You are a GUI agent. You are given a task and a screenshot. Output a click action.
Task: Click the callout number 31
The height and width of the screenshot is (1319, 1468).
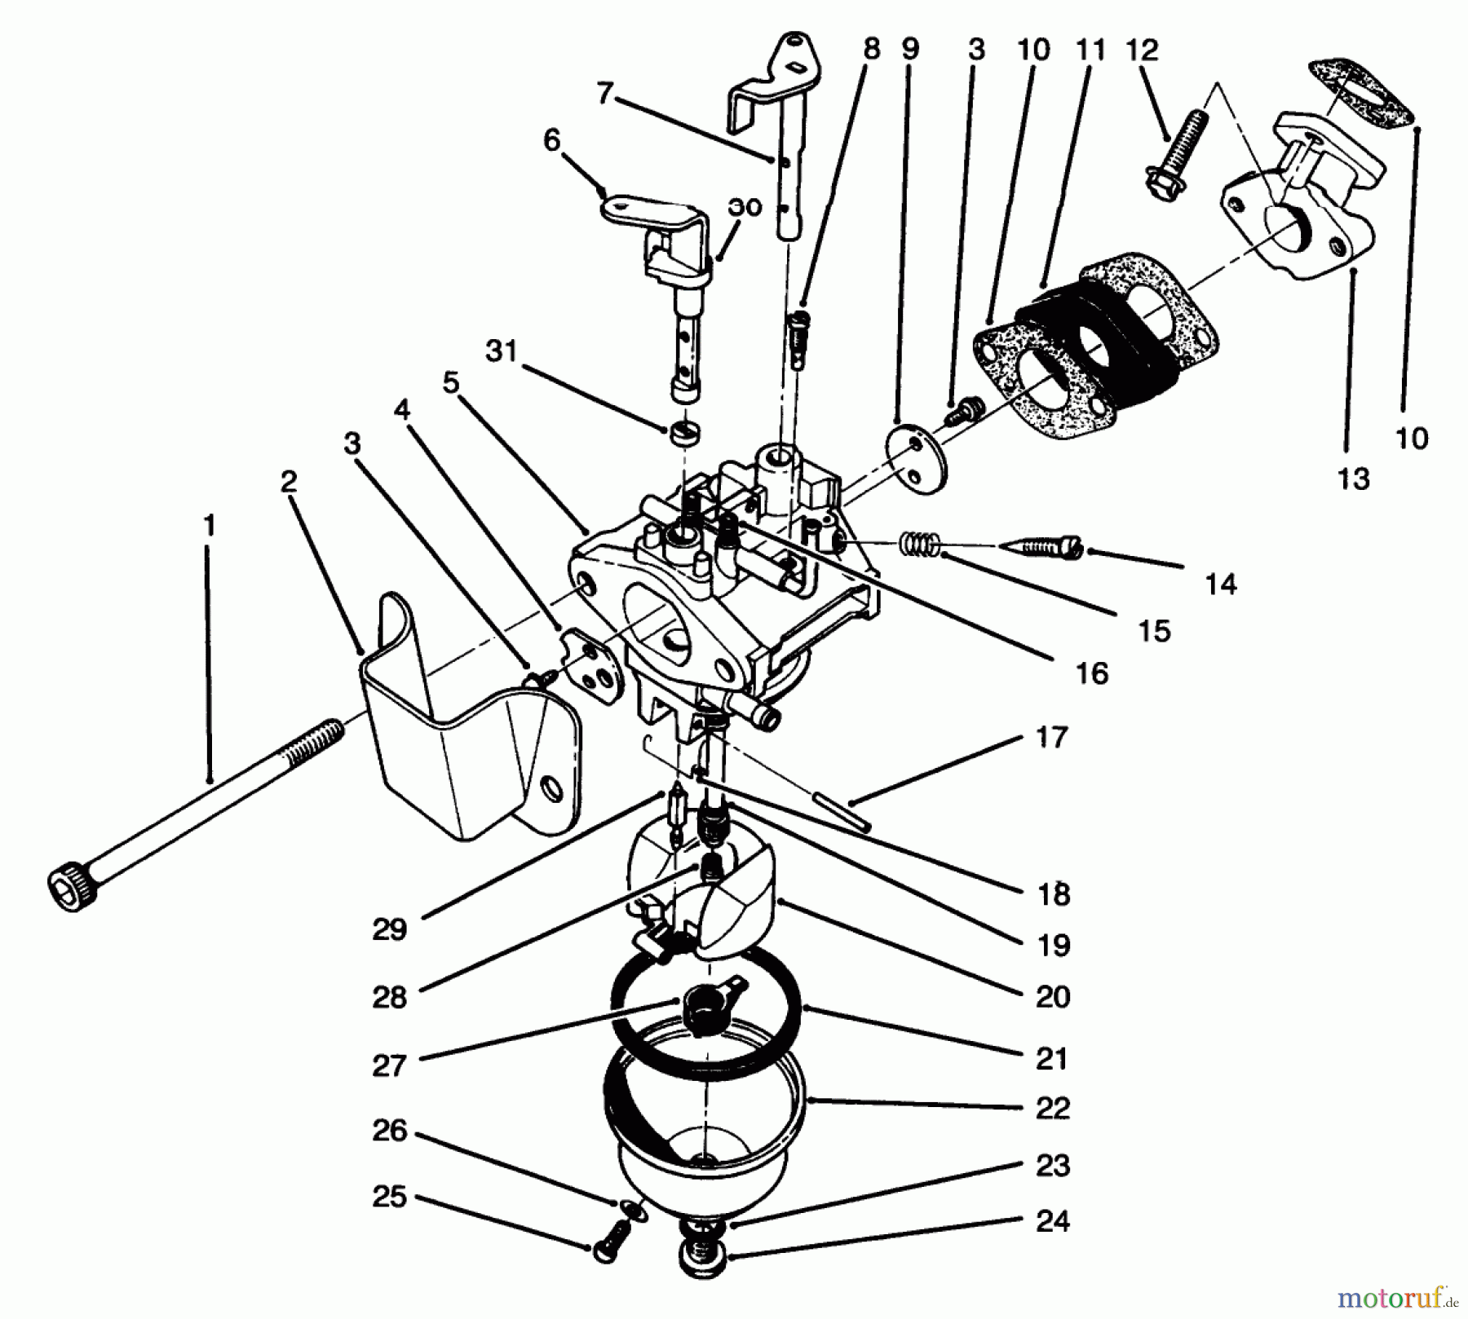pos(502,352)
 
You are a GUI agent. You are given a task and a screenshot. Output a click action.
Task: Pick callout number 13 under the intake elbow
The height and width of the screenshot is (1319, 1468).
pos(1353,479)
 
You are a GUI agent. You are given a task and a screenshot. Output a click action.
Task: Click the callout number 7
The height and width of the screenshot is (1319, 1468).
pos(604,95)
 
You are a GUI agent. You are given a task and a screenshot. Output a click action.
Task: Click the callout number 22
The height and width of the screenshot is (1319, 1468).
pos(1052,1108)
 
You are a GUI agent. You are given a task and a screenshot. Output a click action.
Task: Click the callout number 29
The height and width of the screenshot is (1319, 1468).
pos(389,929)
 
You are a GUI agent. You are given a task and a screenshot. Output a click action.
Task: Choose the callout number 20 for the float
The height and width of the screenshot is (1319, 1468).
pos(1052,996)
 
